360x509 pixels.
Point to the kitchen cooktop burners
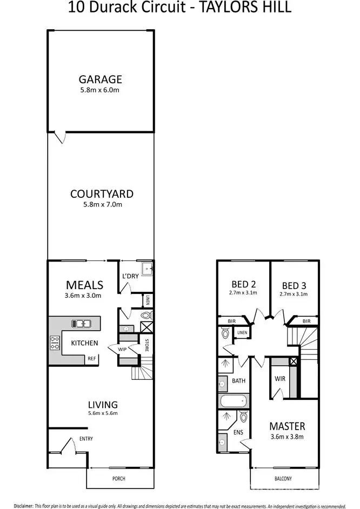point(55,341)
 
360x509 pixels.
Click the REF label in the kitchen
point(92,359)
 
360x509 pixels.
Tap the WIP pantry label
point(122,349)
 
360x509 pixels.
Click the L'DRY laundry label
point(130,276)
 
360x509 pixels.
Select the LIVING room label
point(103,404)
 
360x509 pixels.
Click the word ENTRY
point(86,439)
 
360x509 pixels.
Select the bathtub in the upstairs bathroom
point(234,401)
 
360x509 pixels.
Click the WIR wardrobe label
point(280,378)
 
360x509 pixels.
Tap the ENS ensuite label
point(238,433)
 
